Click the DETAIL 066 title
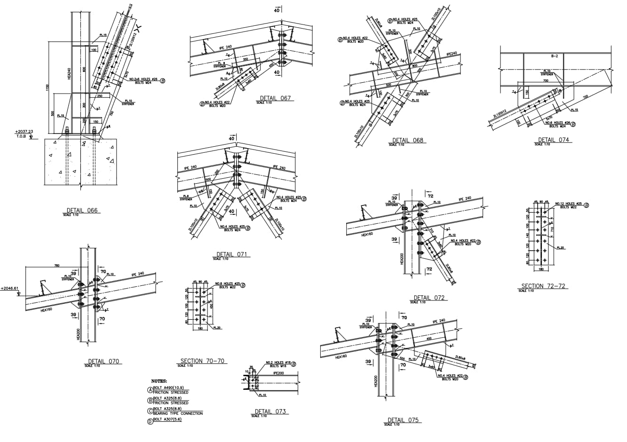click(x=82, y=210)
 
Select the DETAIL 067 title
click(x=275, y=98)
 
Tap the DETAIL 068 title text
click(x=408, y=140)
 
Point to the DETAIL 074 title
click(x=553, y=140)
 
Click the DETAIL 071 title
click(x=231, y=254)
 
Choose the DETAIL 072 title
click(x=429, y=298)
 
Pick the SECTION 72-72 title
click(x=543, y=286)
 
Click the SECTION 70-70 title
click(x=202, y=361)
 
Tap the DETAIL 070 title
click(x=103, y=361)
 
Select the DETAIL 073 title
click(x=270, y=411)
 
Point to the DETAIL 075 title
click(x=403, y=420)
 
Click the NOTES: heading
click(x=159, y=381)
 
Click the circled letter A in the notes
click(x=151, y=390)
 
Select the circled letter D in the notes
click(x=151, y=421)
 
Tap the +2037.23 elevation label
click(x=24, y=132)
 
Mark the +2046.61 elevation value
click(x=9, y=288)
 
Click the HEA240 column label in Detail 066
click(x=68, y=76)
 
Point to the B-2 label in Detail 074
click(x=554, y=56)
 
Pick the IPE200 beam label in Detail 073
click(x=278, y=372)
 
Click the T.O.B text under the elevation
click(x=21, y=136)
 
